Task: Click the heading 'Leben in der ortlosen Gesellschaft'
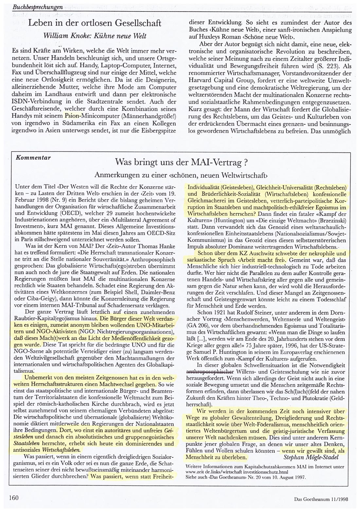click(95, 24)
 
